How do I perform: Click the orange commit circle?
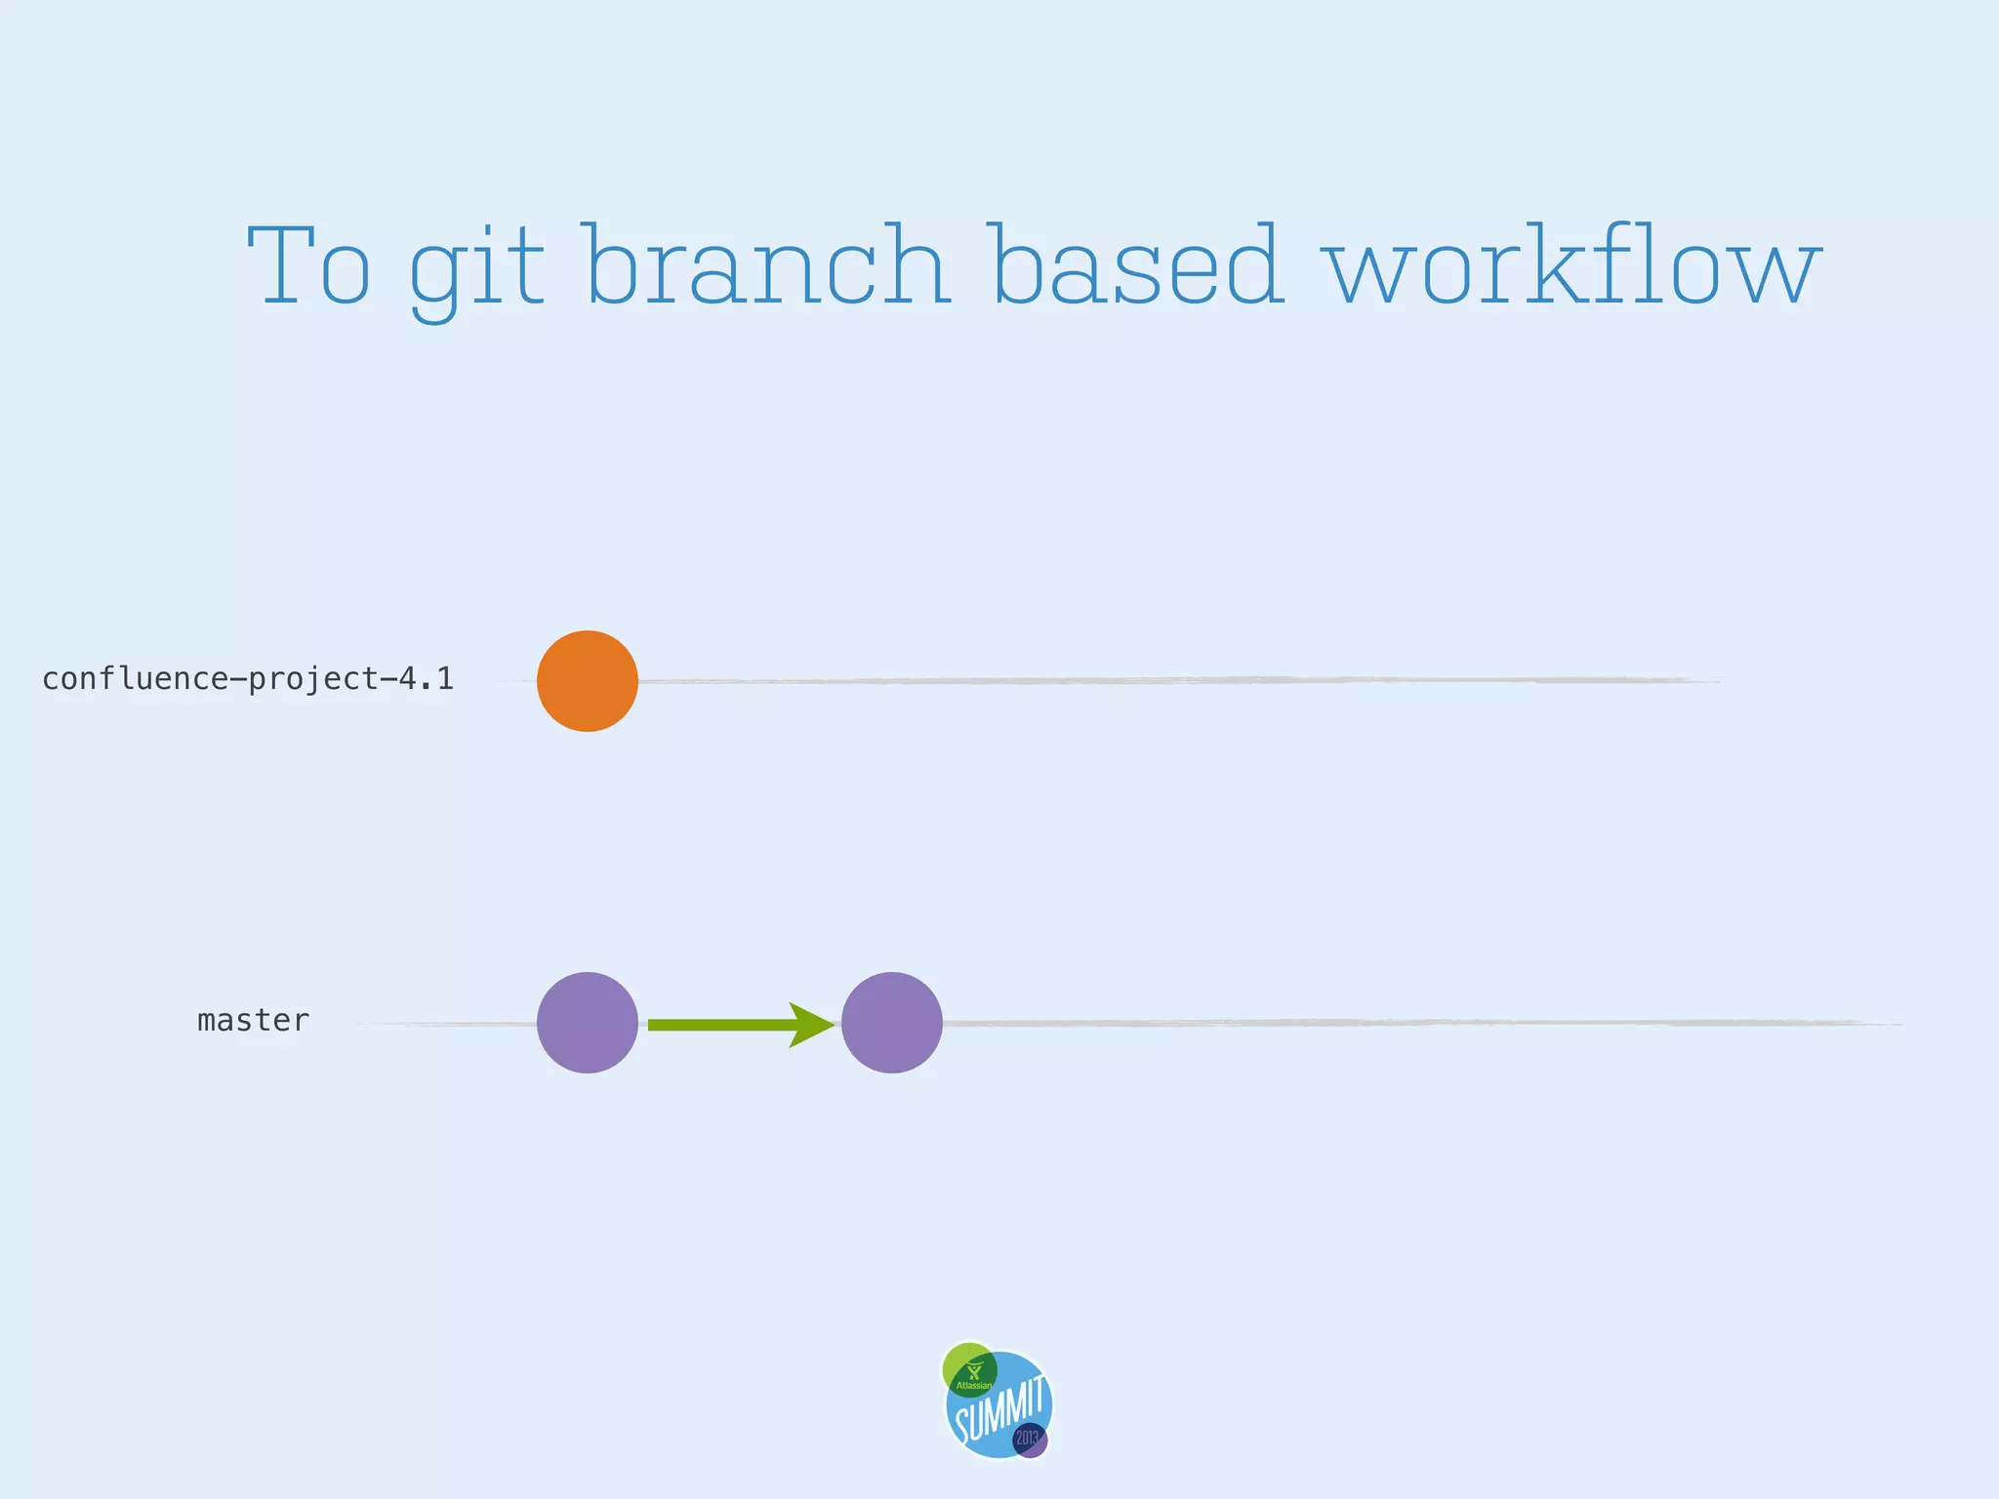point(588,681)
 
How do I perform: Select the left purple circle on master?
point(588,1023)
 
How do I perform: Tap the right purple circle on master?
point(891,1023)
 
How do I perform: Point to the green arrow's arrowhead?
point(813,1025)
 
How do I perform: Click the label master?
point(253,1021)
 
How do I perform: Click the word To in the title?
point(309,265)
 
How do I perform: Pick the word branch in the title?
point(768,265)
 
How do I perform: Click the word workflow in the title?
point(1571,265)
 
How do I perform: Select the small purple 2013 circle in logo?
point(1030,1439)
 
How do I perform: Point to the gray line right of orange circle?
point(1171,680)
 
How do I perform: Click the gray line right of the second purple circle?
point(1415,1023)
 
